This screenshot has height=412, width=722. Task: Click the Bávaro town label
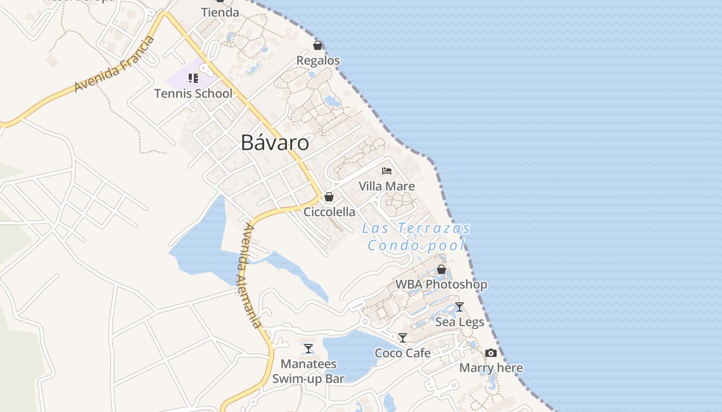coord(275,143)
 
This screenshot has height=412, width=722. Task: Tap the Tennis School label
coord(193,94)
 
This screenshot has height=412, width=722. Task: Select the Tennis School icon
coord(193,78)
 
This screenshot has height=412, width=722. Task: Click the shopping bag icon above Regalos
coord(318,45)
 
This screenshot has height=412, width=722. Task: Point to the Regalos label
coord(318,61)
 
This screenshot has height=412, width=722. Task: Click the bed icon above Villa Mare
coord(387,171)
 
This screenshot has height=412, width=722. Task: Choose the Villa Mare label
coord(387,186)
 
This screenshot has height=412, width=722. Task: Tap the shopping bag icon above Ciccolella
coord(329,197)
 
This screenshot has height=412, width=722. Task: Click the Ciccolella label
coord(329,212)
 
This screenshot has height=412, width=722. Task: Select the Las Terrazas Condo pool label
coord(416,236)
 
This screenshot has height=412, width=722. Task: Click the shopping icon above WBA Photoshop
coord(441,269)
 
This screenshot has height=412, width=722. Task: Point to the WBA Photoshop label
coord(441,284)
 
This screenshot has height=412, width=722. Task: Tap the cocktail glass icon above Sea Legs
coord(460,307)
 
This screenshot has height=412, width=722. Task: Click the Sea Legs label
coord(460,322)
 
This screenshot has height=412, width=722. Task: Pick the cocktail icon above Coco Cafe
coord(403,338)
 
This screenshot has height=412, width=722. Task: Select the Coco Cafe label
coord(403,353)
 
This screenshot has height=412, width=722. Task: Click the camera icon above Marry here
coord(491,353)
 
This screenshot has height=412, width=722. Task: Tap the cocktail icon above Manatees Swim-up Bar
coord(308,349)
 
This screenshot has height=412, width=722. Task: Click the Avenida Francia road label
coord(114,65)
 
